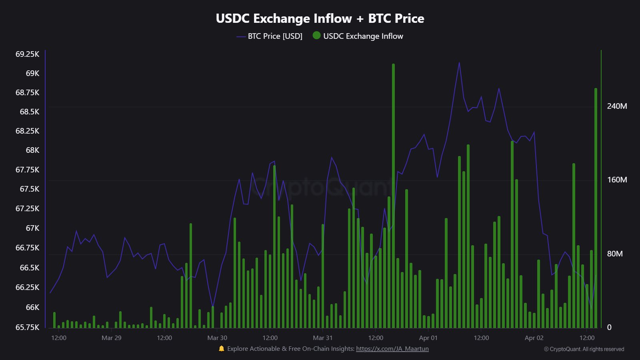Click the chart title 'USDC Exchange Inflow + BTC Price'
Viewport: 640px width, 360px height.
coord(320,18)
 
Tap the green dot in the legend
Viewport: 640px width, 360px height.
coord(316,36)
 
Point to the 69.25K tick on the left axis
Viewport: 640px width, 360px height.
coord(27,54)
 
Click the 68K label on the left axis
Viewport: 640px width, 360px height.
coord(32,150)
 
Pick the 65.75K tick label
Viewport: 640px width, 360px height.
coord(27,327)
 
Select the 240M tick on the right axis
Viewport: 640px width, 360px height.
coord(617,106)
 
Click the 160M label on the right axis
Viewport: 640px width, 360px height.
coord(617,180)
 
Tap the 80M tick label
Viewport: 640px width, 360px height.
coord(614,254)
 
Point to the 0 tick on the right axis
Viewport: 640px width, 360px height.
coord(609,327)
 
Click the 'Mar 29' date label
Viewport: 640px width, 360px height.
coord(111,338)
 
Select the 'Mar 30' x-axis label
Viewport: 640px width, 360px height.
coord(217,338)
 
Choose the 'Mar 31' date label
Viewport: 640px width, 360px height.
coord(322,338)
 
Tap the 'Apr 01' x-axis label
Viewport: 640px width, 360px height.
coord(428,338)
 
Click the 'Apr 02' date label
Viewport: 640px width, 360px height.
coord(534,338)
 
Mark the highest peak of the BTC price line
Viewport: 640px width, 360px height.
coord(459,63)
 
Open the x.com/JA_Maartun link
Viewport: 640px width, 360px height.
coord(392,349)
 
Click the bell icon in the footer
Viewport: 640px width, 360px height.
coord(222,349)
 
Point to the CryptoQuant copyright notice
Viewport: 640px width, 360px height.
coord(584,349)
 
